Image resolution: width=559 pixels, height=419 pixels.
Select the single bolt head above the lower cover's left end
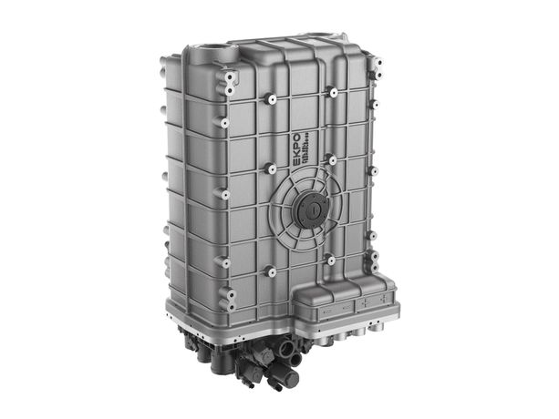point(330,261)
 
